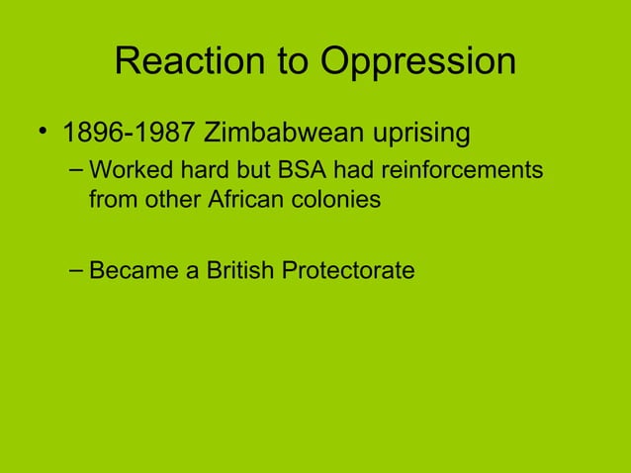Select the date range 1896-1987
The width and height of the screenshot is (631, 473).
tap(129, 132)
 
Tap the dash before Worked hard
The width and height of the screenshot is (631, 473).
tap(76, 171)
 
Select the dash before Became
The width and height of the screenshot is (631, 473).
tap(76, 268)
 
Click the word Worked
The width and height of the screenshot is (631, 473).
tap(124, 171)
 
